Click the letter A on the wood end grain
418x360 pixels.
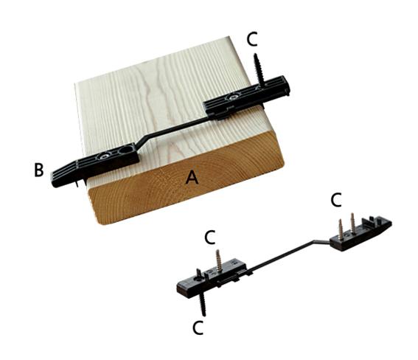(192, 177)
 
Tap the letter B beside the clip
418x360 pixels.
(39, 170)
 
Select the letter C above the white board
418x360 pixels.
(252, 39)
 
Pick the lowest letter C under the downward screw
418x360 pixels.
(198, 328)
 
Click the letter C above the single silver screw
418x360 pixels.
(210, 237)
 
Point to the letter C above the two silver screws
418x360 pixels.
(336, 200)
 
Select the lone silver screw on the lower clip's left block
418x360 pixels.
(219, 260)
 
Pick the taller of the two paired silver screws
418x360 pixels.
(352, 222)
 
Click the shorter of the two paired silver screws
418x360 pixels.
(341, 228)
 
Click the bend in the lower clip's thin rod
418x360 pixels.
(314, 241)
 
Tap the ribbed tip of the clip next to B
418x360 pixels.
(56, 179)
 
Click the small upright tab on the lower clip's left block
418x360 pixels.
(198, 273)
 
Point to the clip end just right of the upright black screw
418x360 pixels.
(285, 85)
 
